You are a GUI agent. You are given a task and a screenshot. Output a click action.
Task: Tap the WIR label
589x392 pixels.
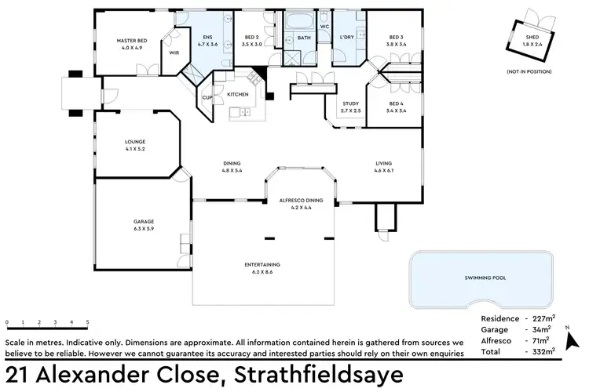pos(174,53)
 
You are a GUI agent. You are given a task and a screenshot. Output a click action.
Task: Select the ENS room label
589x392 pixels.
pos(207,37)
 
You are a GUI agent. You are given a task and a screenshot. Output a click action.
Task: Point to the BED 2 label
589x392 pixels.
pos(251,37)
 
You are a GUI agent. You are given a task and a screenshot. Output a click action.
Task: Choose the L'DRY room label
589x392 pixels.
pos(347,37)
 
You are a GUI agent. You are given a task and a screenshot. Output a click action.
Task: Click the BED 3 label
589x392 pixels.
pos(397,37)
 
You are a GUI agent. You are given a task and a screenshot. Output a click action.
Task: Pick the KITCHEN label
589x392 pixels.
pos(238,94)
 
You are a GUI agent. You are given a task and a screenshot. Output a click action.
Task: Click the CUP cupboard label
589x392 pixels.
pos(207,97)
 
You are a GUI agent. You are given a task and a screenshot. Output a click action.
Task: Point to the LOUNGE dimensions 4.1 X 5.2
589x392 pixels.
pos(135,149)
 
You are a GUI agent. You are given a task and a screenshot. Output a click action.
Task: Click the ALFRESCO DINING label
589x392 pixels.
pos(302,201)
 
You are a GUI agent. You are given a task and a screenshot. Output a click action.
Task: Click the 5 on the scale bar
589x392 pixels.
pos(87,322)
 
